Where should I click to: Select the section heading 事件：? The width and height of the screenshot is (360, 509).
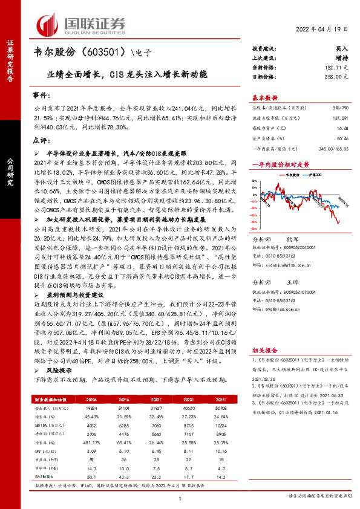[x=38, y=96]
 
